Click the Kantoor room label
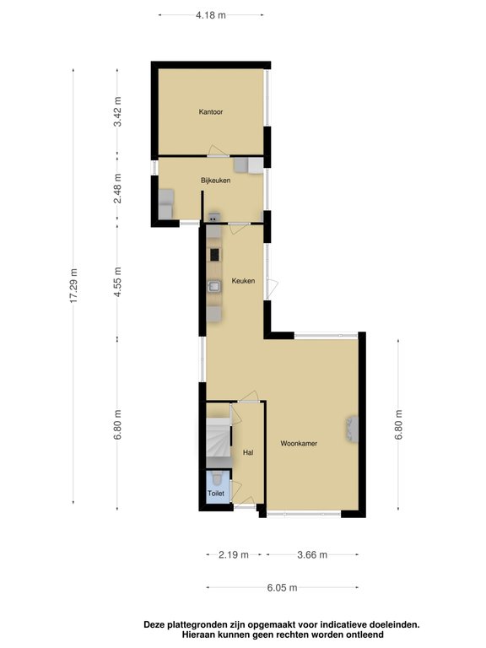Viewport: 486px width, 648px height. click(211, 111)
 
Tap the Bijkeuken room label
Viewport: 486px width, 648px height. click(215, 181)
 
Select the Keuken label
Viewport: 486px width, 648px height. click(243, 281)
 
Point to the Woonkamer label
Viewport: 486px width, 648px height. click(299, 444)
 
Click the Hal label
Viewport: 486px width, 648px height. click(248, 452)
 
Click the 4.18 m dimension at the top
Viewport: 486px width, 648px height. click(211, 15)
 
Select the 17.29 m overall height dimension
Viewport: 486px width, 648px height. click(73, 285)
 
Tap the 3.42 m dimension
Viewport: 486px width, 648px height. click(118, 111)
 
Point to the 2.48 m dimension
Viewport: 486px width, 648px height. click(118, 188)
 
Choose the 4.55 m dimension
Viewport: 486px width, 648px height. click(118, 282)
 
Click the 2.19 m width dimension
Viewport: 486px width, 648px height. click(234, 554)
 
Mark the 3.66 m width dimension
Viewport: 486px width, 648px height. click(312, 554)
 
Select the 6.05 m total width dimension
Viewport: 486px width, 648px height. click(282, 587)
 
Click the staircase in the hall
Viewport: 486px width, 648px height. click(219, 437)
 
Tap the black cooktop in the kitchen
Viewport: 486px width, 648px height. click(214, 255)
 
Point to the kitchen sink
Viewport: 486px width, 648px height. click(214, 286)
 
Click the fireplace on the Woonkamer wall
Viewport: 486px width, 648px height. click(353, 429)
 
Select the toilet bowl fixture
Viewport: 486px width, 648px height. click(217, 478)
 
